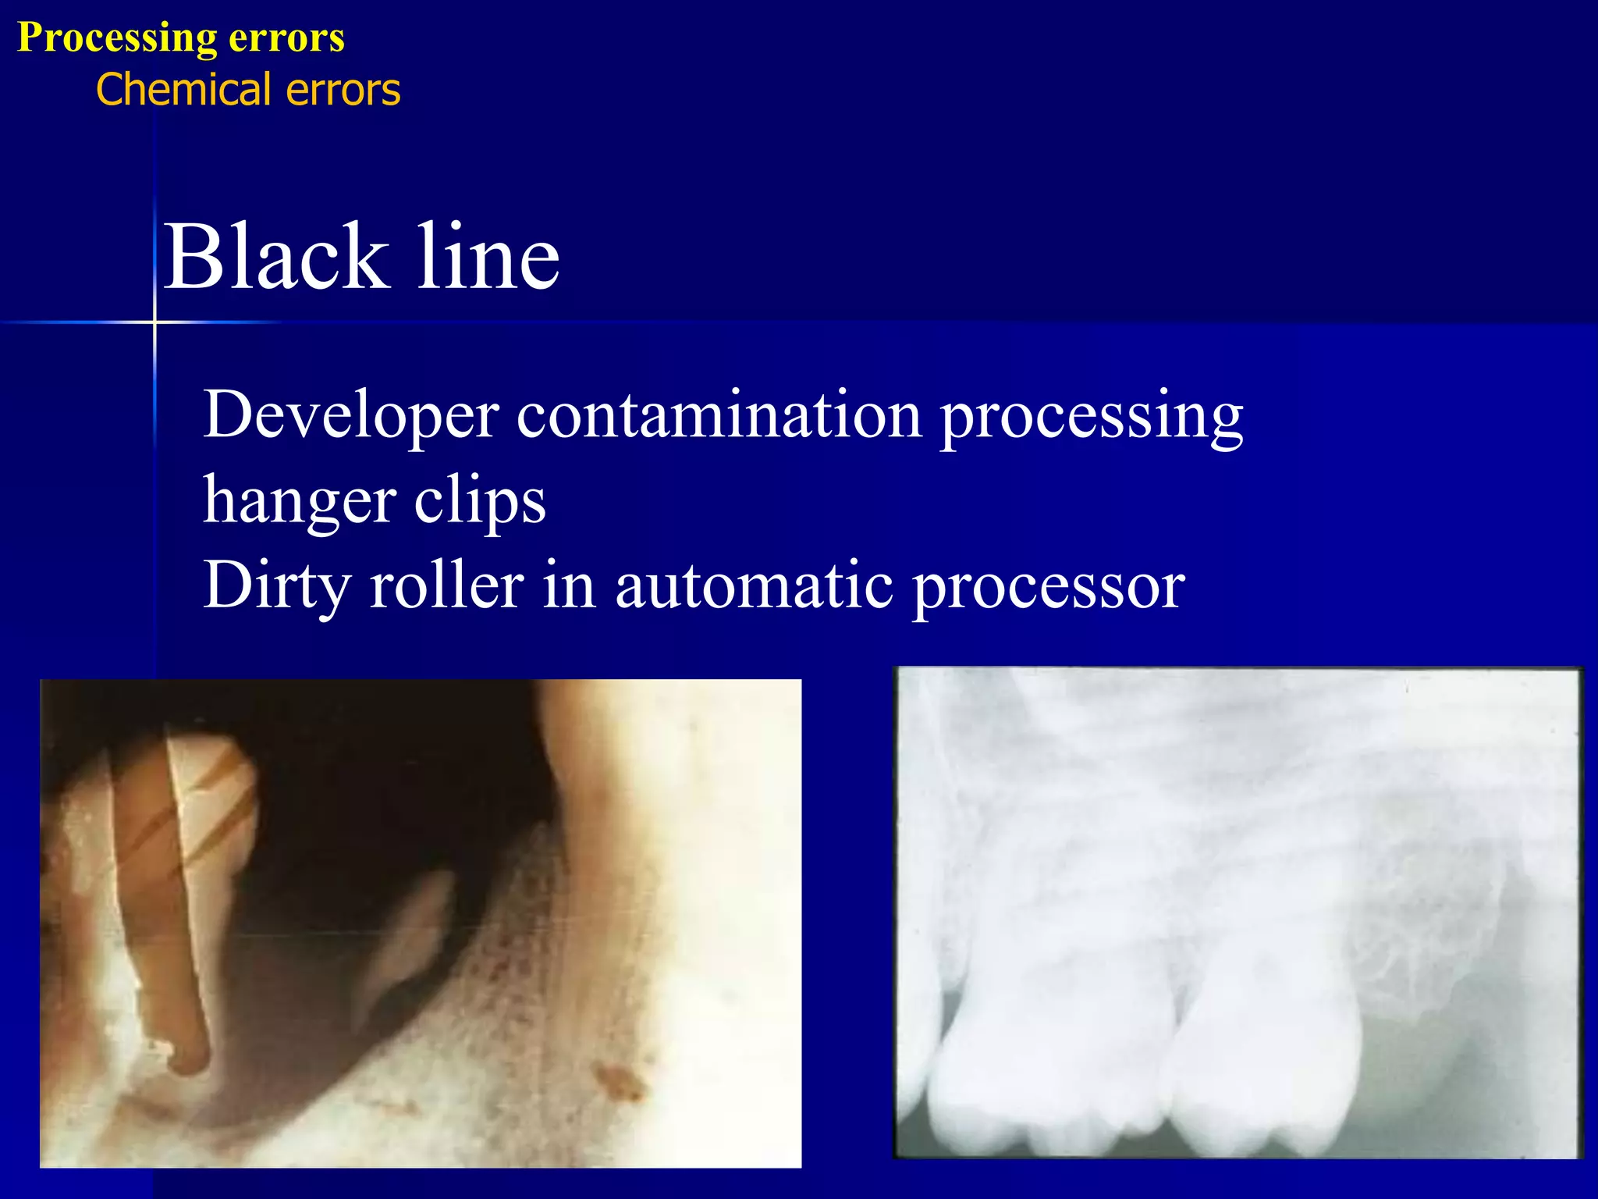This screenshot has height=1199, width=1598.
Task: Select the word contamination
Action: (x=719, y=415)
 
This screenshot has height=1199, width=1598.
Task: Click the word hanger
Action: (x=299, y=502)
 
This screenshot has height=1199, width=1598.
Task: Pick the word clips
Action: (x=479, y=500)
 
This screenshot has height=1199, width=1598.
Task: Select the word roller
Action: (x=446, y=585)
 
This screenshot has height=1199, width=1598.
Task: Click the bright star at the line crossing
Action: (x=154, y=322)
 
